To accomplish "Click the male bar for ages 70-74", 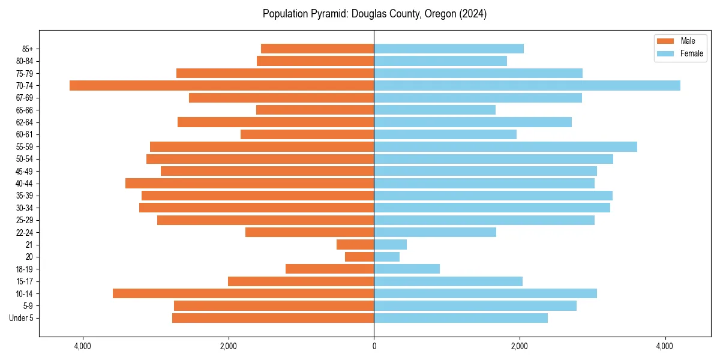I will (x=222, y=85).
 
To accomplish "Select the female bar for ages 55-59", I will (x=505, y=146).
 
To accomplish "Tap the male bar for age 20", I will (x=359, y=257).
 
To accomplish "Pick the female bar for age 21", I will (x=390, y=244).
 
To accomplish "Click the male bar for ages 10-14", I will (x=243, y=293).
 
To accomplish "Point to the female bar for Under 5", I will (x=461, y=318).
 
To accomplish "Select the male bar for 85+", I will (x=317, y=49).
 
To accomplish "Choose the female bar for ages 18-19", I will (x=407, y=269).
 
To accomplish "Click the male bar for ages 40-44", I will (x=250, y=183).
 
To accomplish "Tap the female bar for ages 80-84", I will (x=440, y=61).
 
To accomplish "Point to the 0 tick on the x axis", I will (x=374, y=346).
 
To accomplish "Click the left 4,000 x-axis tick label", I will (x=82, y=346).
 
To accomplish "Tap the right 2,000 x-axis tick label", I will (x=520, y=346).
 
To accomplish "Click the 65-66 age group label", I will (x=24, y=110).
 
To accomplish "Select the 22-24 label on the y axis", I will (x=24, y=232).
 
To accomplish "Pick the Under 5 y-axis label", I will (x=21, y=318).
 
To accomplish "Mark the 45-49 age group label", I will (x=24, y=171).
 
